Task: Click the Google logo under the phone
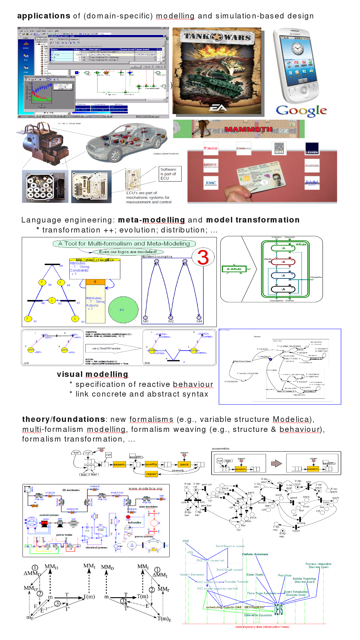click(301, 111)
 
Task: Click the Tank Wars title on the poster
click(217, 37)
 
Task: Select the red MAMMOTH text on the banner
click(248, 129)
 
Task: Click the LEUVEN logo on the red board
click(312, 148)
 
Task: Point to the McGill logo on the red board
click(211, 148)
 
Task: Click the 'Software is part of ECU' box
click(170, 174)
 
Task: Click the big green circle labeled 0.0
click(123, 310)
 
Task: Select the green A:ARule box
click(234, 269)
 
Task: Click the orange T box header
click(95, 282)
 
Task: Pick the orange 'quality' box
click(151, 464)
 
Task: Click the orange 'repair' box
click(151, 474)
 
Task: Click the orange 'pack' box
click(184, 464)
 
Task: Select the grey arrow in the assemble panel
click(276, 463)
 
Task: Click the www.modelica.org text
click(145, 488)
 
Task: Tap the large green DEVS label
click(278, 609)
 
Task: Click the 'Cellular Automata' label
click(255, 554)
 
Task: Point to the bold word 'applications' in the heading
click(44, 16)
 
